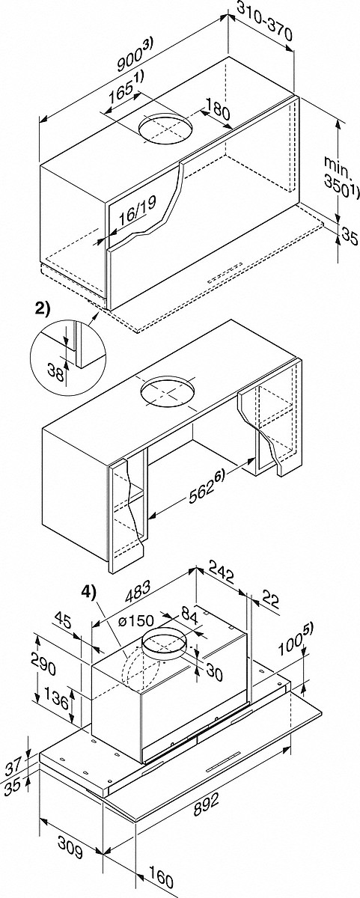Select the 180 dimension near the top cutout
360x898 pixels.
(x=217, y=109)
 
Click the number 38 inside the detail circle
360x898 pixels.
(x=57, y=373)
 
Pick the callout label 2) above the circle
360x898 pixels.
(x=43, y=310)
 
